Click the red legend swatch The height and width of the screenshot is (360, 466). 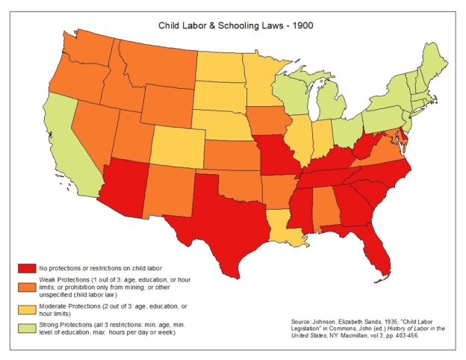tap(27, 267)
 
